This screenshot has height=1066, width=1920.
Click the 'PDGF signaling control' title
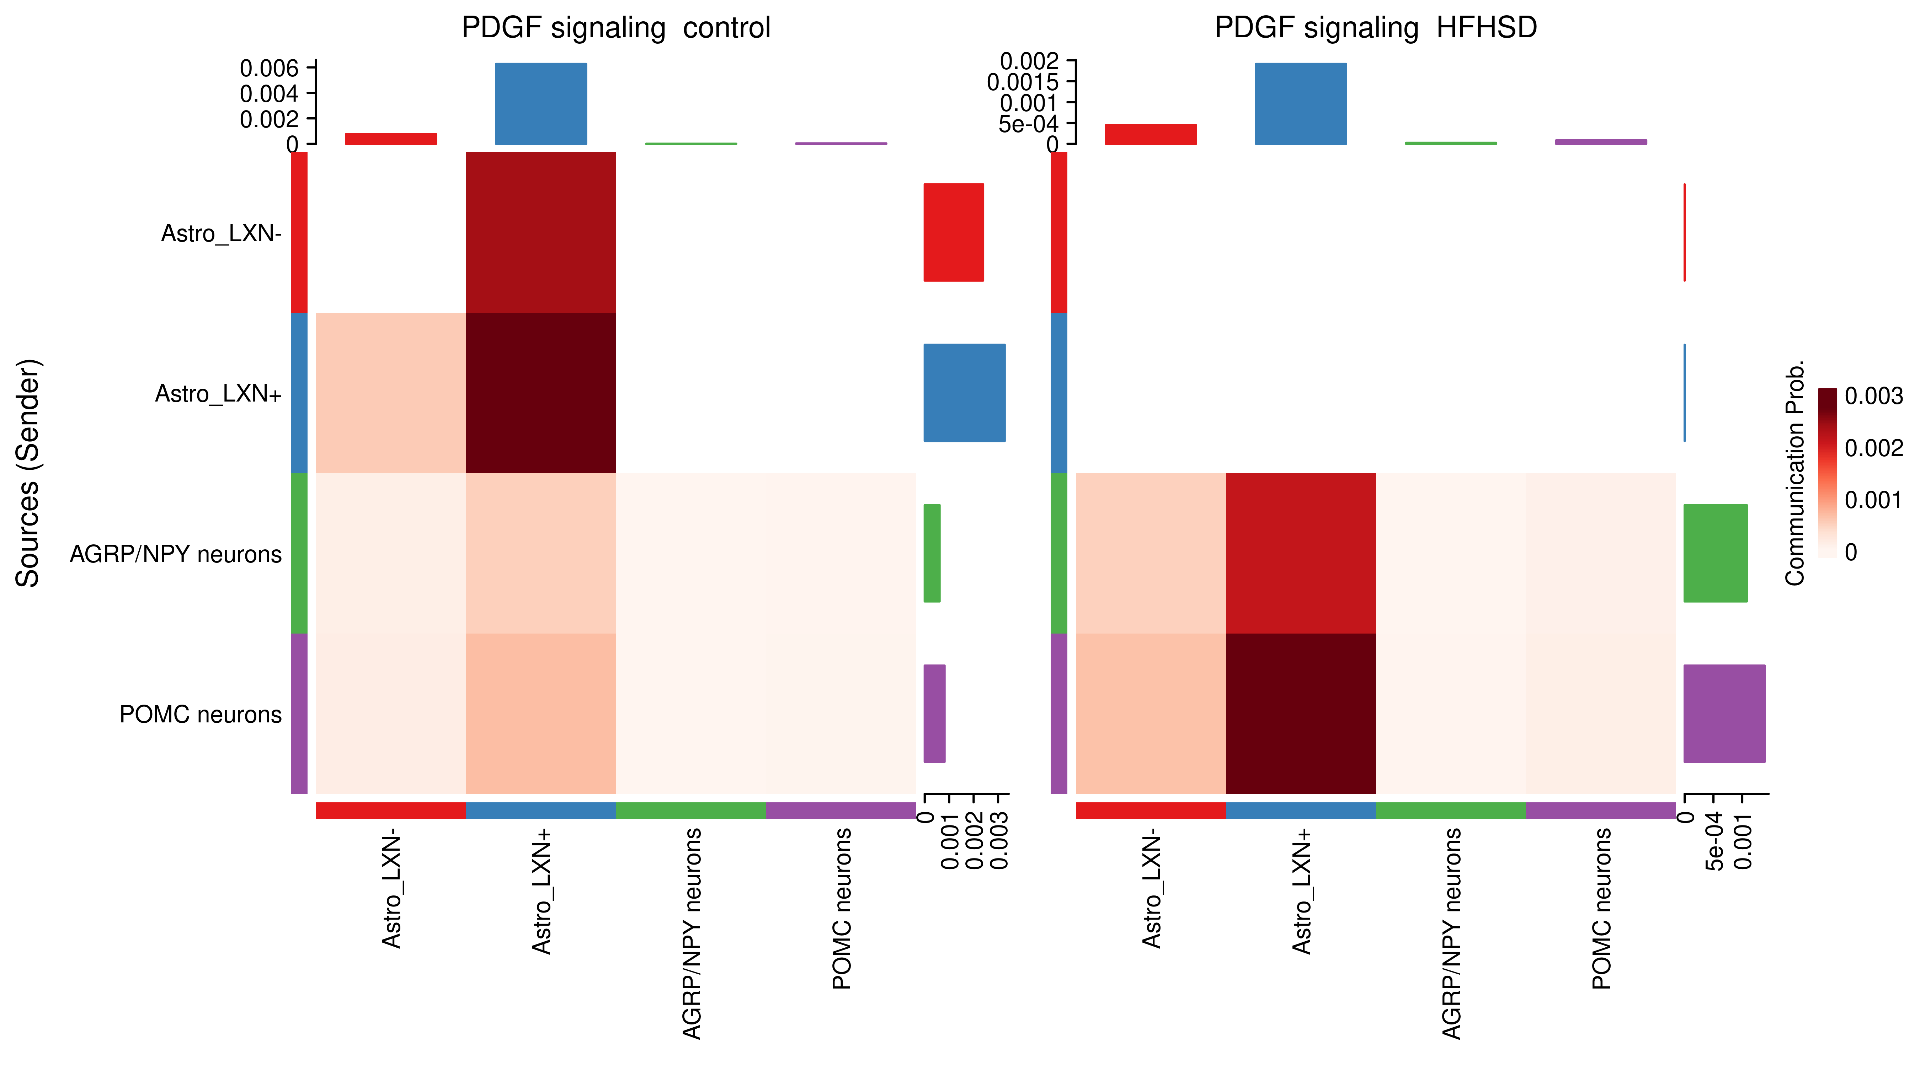[x=616, y=28]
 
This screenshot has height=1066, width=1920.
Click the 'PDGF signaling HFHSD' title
[x=1375, y=28]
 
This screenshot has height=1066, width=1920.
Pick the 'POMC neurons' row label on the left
[x=201, y=714]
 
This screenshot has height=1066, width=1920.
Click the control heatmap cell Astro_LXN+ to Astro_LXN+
[x=541, y=393]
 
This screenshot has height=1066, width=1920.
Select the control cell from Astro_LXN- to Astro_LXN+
[x=541, y=232]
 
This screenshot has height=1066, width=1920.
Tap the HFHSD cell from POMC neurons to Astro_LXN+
[x=1301, y=714]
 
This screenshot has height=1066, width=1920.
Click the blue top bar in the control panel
[x=541, y=103]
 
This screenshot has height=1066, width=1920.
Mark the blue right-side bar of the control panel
[x=965, y=393]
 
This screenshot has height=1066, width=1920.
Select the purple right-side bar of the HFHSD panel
[x=1724, y=714]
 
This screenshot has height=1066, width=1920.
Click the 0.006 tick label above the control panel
[x=269, y=69]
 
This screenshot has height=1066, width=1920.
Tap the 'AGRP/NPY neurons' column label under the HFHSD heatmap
[x=1451, y=933]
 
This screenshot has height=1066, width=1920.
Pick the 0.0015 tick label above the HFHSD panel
[x=1023, y=82]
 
